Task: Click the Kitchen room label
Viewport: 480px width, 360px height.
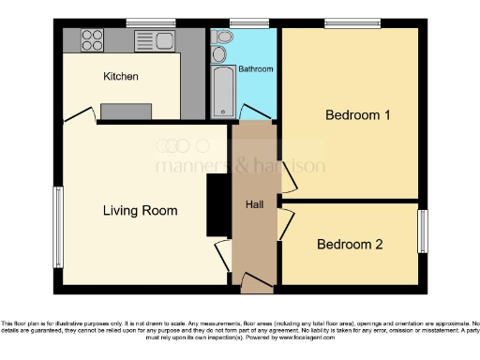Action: [120, 76]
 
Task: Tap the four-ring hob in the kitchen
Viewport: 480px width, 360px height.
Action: [92, 39]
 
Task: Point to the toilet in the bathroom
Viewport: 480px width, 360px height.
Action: [221, 37]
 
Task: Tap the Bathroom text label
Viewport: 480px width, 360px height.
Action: [255, 69]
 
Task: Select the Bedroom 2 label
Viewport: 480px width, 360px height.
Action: [350, 245]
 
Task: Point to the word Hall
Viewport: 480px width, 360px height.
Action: [253, 204]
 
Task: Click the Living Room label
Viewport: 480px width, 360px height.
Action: [140, 210]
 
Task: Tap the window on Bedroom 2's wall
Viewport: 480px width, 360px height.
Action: [422, 231]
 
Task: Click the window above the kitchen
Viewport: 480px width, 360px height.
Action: [151, 22]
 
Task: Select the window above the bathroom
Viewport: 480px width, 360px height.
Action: [244, 22]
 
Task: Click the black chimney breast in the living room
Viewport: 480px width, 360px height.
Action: [217, 205]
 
